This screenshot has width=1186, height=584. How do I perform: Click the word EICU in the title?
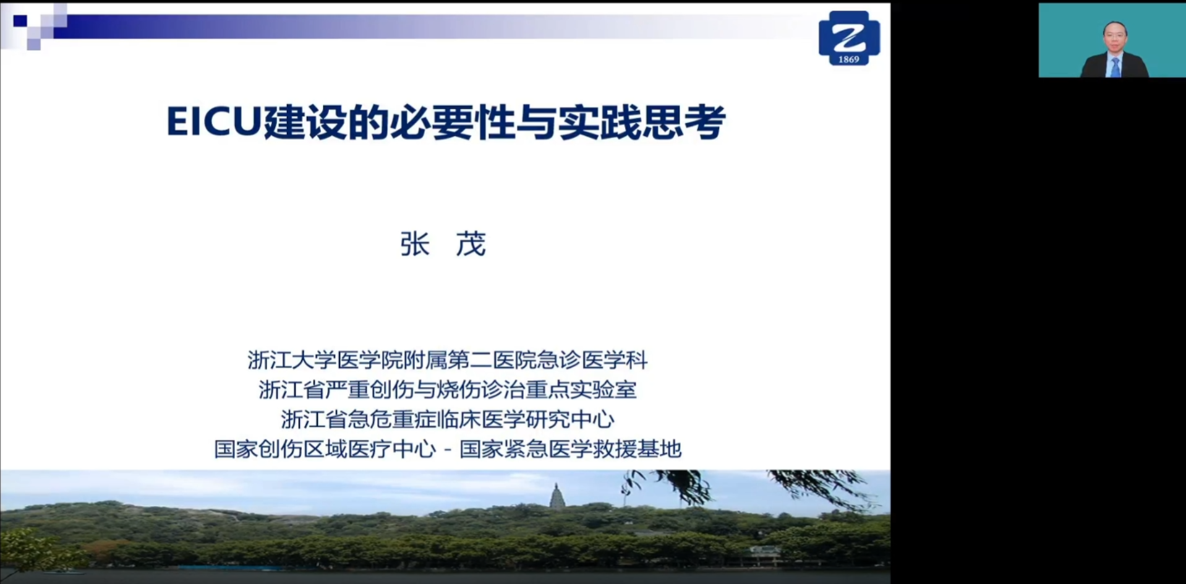pos(215,121)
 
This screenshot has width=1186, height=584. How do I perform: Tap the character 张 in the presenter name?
pos(414,244)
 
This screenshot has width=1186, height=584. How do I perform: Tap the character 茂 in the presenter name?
pos(471,244)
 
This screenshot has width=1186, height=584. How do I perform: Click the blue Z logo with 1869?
pos(849,38)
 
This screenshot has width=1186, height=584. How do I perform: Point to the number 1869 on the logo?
pos(849,59)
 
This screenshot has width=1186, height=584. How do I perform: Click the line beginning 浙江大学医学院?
pos(447,359)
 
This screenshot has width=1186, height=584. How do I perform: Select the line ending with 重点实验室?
pos(447,389)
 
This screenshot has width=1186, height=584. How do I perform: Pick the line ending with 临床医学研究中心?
pos(447,419)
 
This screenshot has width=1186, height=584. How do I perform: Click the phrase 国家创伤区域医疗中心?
pos(325,449)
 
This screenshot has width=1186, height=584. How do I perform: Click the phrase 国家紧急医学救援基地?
pos(570,449)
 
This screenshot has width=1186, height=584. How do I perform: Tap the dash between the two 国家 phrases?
pos(448,450)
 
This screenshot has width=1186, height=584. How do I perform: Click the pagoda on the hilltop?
pos(557,497)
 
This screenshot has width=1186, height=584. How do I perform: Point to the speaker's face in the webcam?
pos(1115,37)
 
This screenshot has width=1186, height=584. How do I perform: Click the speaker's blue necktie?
pos(1115,66)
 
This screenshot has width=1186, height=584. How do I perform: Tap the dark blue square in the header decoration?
pos(20,20)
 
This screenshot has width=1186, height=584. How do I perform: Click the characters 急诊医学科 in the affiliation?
pos(592,359)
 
